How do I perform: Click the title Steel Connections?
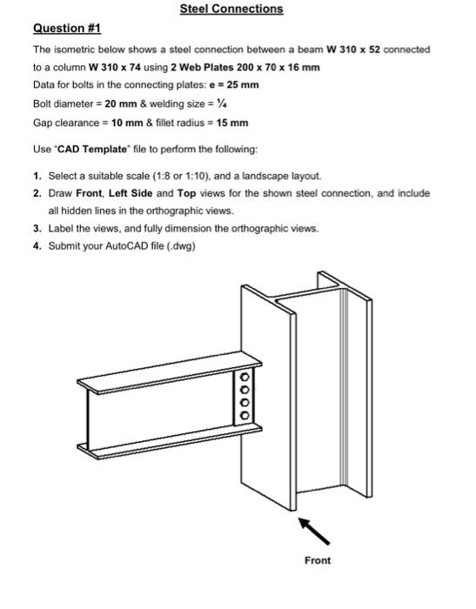coord(231,9)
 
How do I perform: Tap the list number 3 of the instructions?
coord(37,228)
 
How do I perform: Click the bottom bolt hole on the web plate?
coord(245,415)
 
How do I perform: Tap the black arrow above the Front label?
coord(311,527)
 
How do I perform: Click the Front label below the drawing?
coord(318,560)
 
